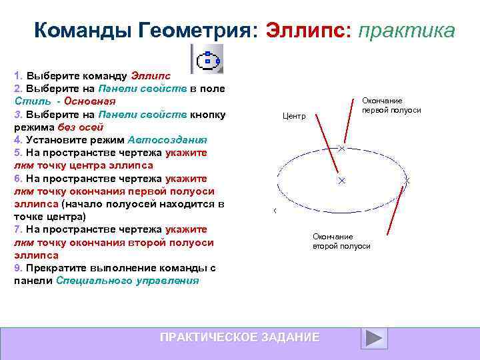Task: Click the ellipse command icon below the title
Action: pyautogui.click(x=207, y=60)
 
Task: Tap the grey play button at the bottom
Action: pyautogui.click(x=374, y=338)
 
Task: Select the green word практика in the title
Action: pyautogui.click(x=407, y=31)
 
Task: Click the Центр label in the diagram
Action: pyautogui.click(x=294, y=116)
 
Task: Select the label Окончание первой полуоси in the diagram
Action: pyautogui.click(x=391, y=105)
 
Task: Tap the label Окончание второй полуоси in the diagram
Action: pyautogui.click(x=341, y=241)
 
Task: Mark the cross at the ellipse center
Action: pyautogui.click(x=341, y=181)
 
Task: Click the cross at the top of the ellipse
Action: pyautogui.click(x=341, y=148)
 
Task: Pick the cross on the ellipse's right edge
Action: pyautogui.click(x=407, y=181)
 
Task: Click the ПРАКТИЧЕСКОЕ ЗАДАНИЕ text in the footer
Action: pyautogui.click(x=239, y=337)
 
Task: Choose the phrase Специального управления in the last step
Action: pyautogui.click(x=127, y=281)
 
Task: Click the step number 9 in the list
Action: pyautogui.click(x=17, y=268)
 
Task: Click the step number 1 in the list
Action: pyautogui.click(x=17, y=75)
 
